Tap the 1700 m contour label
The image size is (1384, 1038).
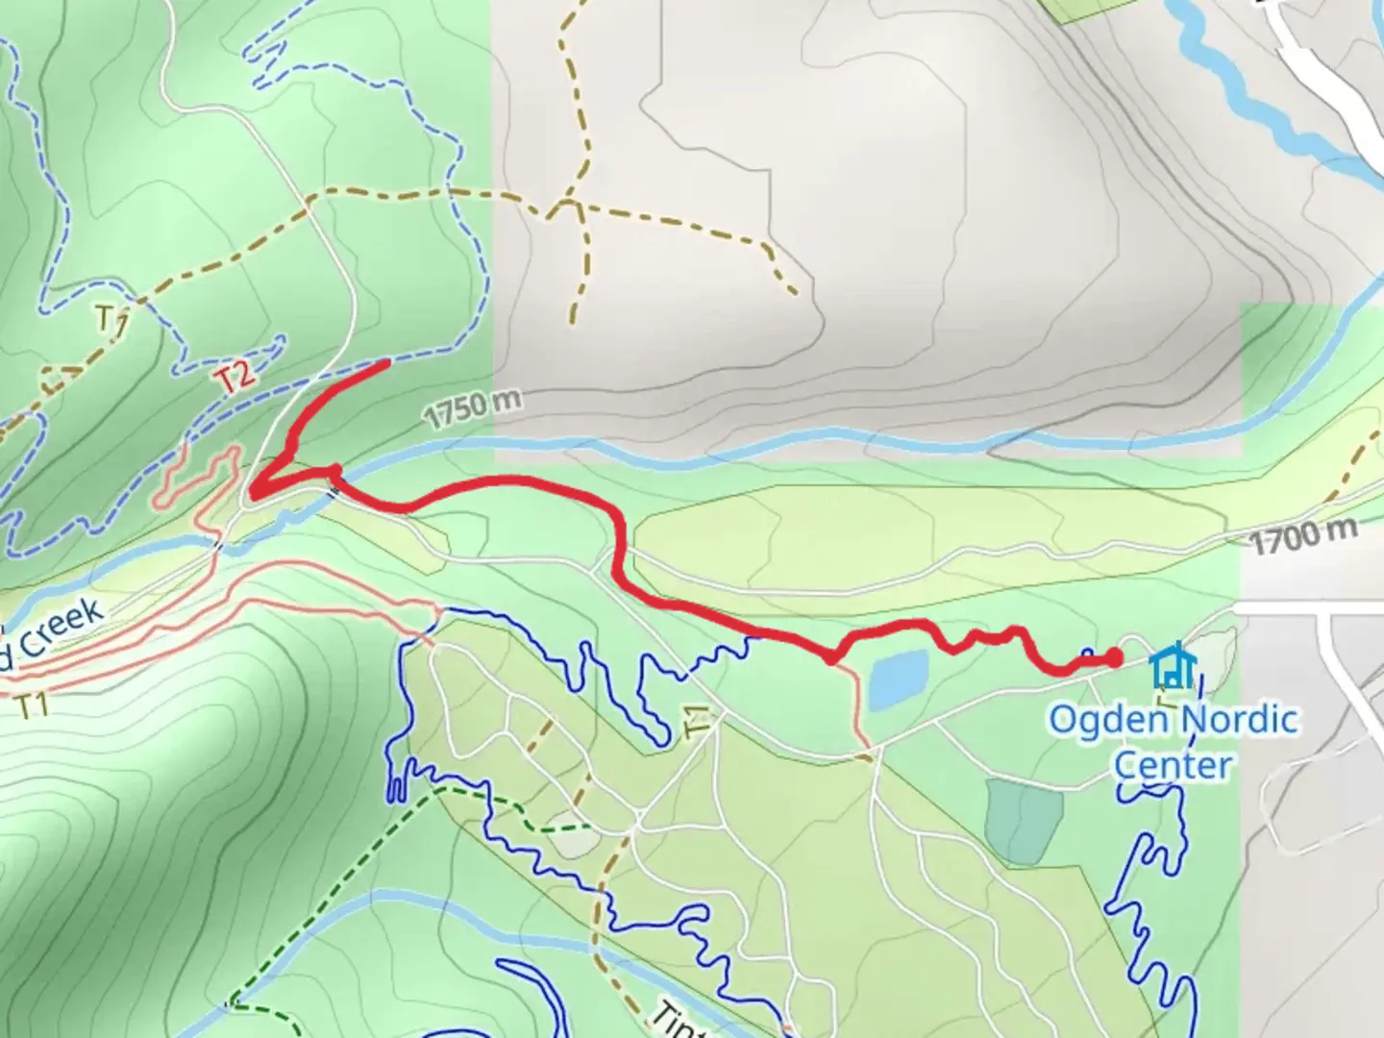(x=1304, y=535)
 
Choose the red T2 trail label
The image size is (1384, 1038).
(x=236, y=377)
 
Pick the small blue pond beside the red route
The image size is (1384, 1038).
(x=899, y=679)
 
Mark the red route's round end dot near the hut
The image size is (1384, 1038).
(x=1113, y=658)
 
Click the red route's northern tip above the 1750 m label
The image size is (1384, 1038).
(x=385, y=363)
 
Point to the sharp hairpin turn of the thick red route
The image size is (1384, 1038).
(x=255, y=492)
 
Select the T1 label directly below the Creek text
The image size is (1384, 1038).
(x=33, y=705)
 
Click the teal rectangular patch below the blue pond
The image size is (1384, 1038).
(x=1023, y=820)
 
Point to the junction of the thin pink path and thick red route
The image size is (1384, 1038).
(x=831, y=659)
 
